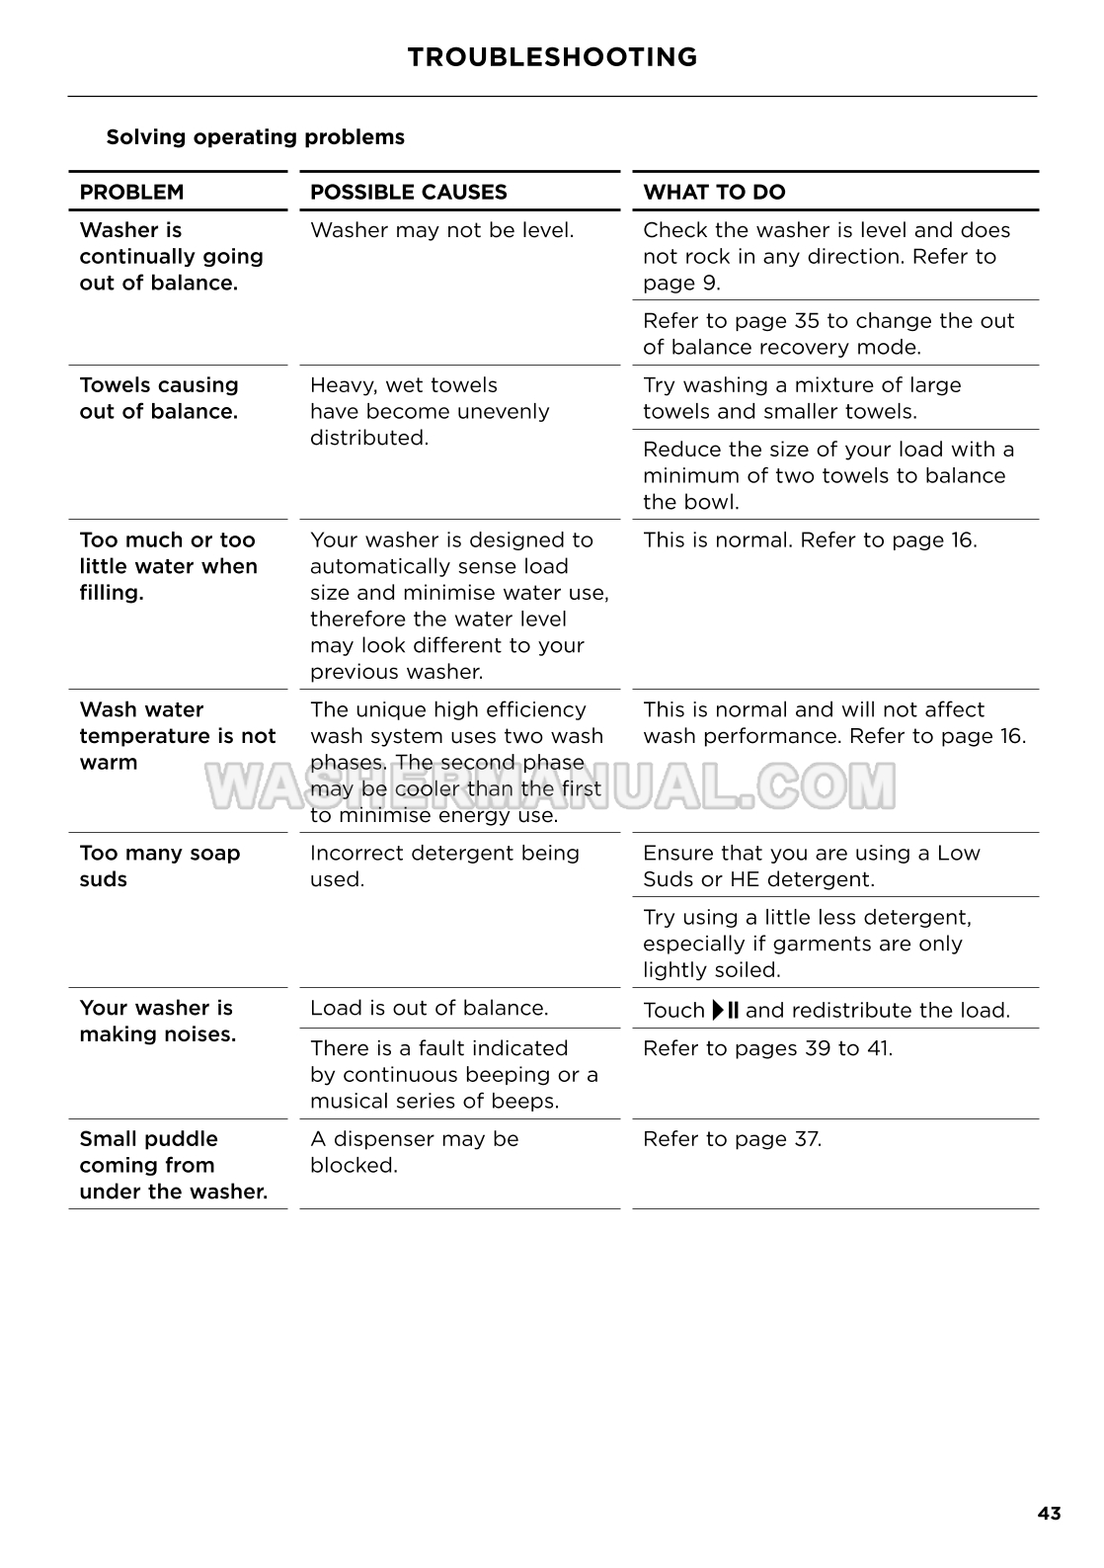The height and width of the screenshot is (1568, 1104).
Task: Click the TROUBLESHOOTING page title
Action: click(x=552, y=57)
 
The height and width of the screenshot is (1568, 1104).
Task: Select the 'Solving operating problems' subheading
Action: click(x=255, y=137)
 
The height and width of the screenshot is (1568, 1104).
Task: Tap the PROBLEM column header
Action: click(x=131, y=193)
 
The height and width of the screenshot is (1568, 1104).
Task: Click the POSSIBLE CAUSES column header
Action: click(x=408, y=193)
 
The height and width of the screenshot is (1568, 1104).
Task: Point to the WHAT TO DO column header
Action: click(x=714, y=193)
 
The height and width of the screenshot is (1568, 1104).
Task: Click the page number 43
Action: click(x=1049, y=1514)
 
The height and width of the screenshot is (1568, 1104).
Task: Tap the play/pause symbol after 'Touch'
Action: click(x=725, y=1010)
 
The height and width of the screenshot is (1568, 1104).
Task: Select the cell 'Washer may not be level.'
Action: click(x=441, y=230)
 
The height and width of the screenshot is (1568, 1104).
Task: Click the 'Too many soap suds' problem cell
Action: click(x=159, y=866)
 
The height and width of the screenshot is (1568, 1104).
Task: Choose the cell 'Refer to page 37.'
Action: click(x=732, y=1139)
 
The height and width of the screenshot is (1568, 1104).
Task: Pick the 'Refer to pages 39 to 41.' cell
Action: click(x=767, y=1048)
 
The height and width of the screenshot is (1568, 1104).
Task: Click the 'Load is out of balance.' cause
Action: click(x=429, y=1008)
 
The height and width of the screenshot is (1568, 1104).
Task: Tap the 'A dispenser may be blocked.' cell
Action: click(x=414, y=1152)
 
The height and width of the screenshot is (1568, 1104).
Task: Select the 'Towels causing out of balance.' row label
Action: click(x=159, y=398)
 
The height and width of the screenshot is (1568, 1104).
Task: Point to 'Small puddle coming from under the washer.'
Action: click(x=173, y=1165)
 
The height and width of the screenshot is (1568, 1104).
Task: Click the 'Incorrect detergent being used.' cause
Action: click(x=444, y=866)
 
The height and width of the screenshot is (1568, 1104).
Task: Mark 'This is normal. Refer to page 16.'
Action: click(x=810, y=540)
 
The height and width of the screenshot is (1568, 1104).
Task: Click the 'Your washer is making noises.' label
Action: click(x=157, y=1021)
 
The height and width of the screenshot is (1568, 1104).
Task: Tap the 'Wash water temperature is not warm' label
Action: click(x=177, y=736)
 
